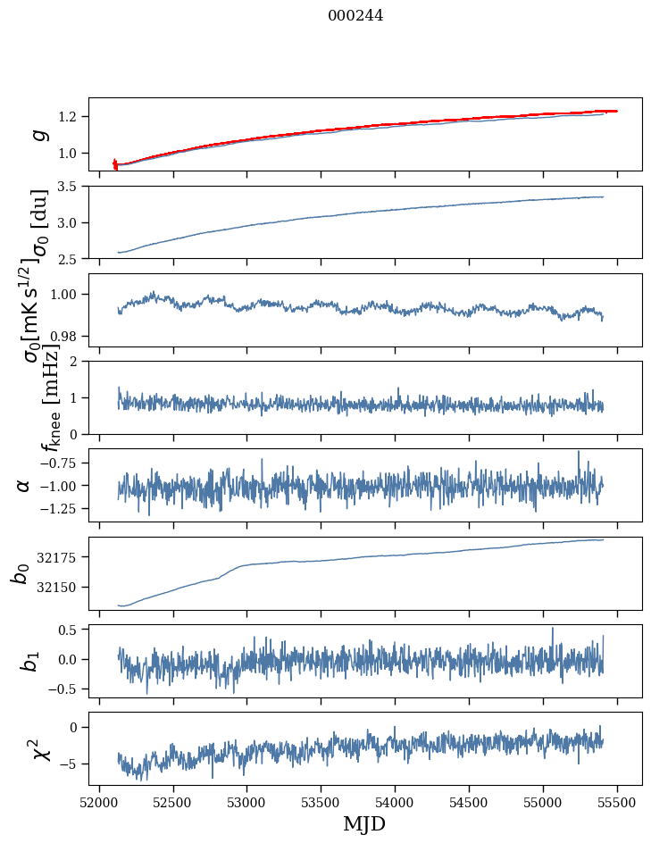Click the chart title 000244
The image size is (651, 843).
355,15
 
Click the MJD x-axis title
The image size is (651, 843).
364,824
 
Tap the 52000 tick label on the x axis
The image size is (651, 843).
99,803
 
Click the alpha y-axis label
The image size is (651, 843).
23,485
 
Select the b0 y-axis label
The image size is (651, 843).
20,572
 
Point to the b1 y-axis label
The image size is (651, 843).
29,660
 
